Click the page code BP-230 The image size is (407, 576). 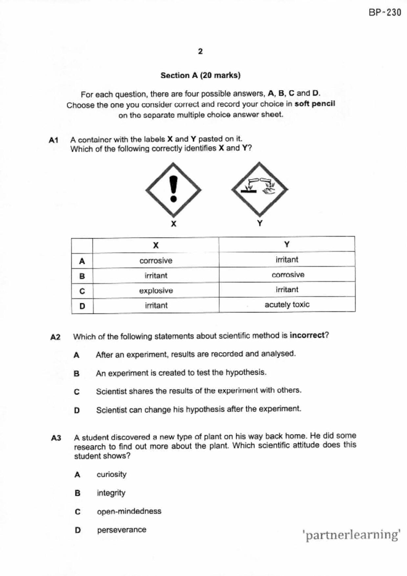pos(385,12)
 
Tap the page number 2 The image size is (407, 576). pos(200,52)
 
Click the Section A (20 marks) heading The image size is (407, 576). pos(200,76)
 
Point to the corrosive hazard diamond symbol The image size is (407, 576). pos(260,189)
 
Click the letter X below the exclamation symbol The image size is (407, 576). pos(174,224)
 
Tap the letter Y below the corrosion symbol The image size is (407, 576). pos(260,224)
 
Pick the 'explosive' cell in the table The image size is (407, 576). pos(156,291)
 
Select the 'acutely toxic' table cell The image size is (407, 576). pos(287,304)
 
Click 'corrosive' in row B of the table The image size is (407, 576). pos(288,275)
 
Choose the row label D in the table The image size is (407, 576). pos(82,306)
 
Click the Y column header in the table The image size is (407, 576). pos(287,244)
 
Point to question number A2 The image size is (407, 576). pos(56,337)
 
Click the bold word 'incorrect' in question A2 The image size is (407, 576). pos(307,335)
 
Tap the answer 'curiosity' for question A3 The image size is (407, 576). pos(111,475)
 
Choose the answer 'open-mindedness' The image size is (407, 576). pos(129,511)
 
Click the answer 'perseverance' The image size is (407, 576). pos(122,530)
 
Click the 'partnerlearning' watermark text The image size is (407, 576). pos(351,535)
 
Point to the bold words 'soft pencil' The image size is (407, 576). pos(315,104)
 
